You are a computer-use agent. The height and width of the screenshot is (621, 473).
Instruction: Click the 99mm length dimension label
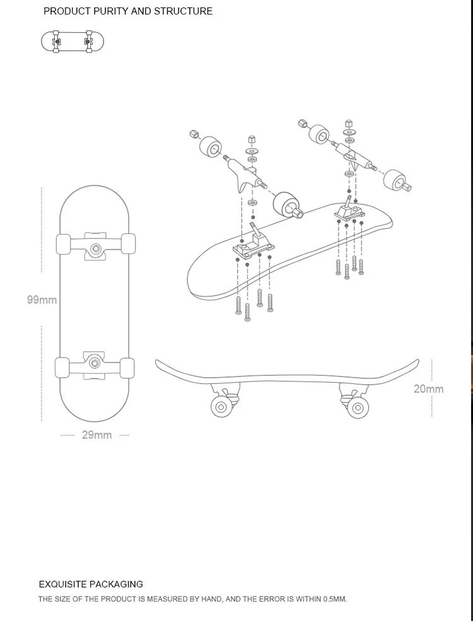coord(42,300)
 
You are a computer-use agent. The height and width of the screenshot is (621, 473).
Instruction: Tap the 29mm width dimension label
coord(96,435)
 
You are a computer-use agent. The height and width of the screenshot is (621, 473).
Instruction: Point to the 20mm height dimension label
coord(428,389)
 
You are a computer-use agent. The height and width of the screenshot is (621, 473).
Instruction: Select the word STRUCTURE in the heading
coord(183,11)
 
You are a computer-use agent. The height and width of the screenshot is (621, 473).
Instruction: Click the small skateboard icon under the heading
coord(72,42)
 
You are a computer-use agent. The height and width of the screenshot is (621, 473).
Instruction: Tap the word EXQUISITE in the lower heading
coord(62,584)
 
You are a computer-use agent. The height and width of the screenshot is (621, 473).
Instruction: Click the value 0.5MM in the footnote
coord(334,599)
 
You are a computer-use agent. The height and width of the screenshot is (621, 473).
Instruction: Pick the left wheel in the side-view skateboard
coord(221,407)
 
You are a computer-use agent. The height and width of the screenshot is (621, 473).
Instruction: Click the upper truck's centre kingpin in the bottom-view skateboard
coord(96,248)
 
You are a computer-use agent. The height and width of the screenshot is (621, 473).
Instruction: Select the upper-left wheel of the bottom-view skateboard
coord(63,244)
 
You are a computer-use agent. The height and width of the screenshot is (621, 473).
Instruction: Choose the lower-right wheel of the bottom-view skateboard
coord(128,368)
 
